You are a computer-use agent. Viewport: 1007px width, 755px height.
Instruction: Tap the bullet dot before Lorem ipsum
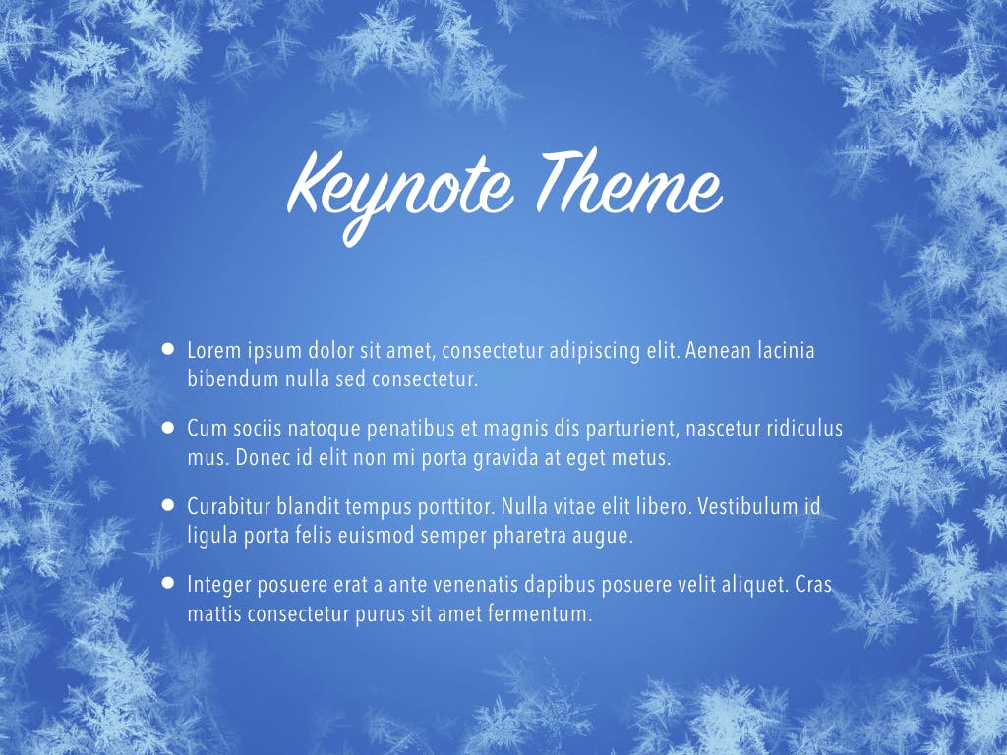[168, 348]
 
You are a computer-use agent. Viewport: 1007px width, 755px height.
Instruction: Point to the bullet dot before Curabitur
[168, 505]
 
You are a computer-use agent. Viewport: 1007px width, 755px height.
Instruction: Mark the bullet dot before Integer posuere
[168, 583]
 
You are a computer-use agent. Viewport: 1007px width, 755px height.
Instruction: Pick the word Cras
[812, 585]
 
